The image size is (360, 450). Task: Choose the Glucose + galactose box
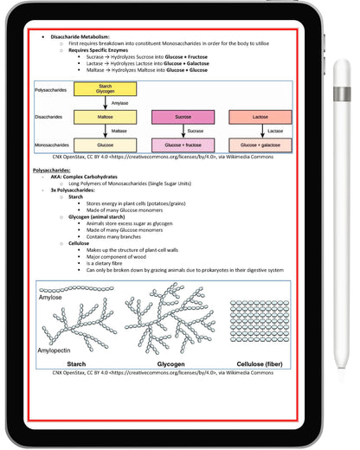point(260,145)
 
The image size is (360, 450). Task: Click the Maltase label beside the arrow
point(119,131)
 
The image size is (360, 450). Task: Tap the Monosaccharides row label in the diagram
point(53,145)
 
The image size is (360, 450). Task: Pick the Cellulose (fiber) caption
point(259,365)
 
